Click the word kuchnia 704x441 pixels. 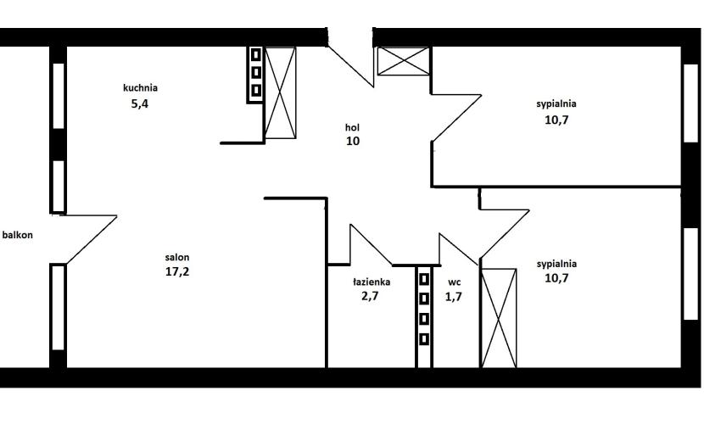tap(140, 87)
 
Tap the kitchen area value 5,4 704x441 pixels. tap(140, 104)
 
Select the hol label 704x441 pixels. tap(353, 127)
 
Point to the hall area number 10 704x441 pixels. tap(353, 141)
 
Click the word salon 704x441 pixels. tap(177, 257)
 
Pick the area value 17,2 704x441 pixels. tap(177, 271)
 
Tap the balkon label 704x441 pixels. tap(18, 235)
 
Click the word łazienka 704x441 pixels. tap(372, 282)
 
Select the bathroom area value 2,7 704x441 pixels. tap(370, 296)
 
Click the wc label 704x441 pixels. tap(454, 282)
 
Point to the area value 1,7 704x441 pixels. tap(454, 297)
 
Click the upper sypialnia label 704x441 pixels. tap(556, 103)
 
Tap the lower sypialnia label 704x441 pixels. tap(556, 264)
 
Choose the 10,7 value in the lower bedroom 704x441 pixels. tap(556, 278)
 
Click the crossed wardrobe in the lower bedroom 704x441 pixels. tap(499, 318)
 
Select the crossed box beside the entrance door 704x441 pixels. tap(404, 61)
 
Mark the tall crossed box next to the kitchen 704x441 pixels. tap(281, 92)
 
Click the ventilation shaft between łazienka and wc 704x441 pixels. tap(424, 316)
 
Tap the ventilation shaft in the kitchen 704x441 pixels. tap(255, 75)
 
